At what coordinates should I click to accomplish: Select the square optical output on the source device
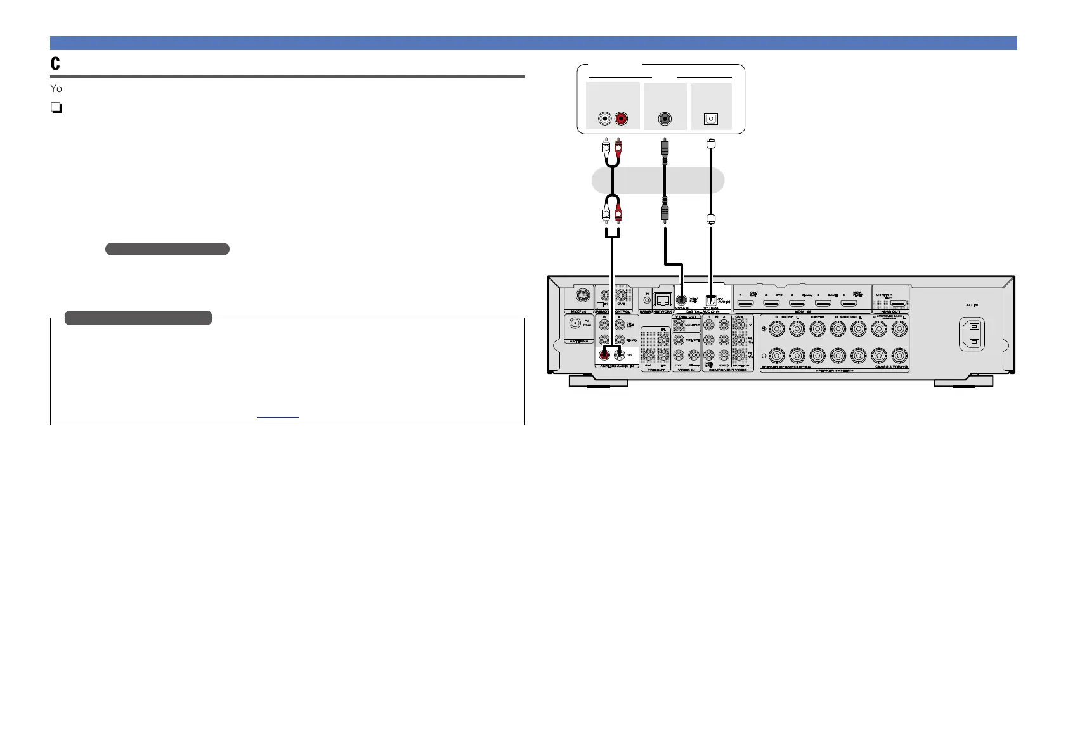[x=711, y=119]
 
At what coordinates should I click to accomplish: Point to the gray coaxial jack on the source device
[x=665, y=119]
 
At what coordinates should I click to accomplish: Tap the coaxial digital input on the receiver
[x=681, y=300]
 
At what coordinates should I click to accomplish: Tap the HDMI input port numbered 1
[x=746, y=304]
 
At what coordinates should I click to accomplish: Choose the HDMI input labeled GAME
[x=823, y=304]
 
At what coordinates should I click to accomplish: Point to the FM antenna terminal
[x=576, y=323]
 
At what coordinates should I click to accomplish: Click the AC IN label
[x=972, y=305]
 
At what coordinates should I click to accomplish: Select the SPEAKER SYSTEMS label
[x=834, y=370]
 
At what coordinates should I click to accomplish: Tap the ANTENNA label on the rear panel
[x=578, y=341]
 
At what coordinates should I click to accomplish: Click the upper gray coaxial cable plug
[x=665, y=147]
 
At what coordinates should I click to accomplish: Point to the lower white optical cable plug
[x=711, y=219]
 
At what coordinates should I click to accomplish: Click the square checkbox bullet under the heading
[x=56, y=108]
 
